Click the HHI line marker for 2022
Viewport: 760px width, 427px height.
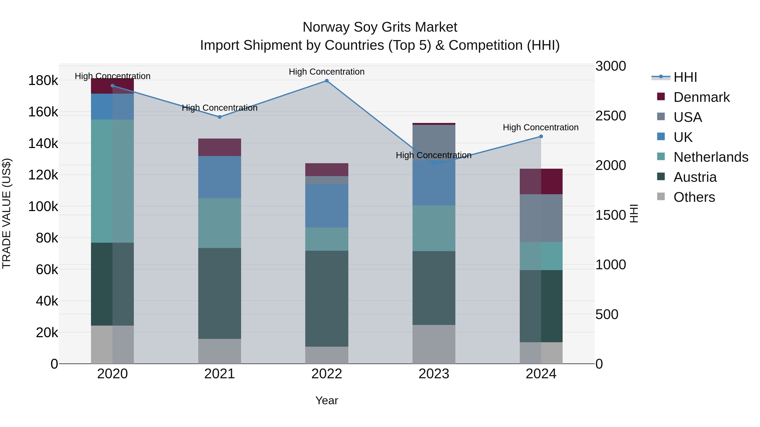tap(327, 81)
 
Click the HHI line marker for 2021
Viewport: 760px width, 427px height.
tap(220, 117)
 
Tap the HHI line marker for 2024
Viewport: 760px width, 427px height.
tap(541, 136)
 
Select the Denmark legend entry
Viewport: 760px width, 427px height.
tap(701, 97)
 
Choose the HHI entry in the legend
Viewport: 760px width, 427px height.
tap(685, 77)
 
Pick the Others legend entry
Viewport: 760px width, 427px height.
tap(694, 197)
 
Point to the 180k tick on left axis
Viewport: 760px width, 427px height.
tap(43, 81)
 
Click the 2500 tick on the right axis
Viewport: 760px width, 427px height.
tap(610, 116)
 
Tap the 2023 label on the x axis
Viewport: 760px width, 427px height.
tap(434, 374)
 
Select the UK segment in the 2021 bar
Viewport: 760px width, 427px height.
tap(220, 177)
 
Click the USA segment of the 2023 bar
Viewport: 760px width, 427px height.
tap(434, 142)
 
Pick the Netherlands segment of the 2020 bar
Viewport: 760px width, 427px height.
tap(112, 181)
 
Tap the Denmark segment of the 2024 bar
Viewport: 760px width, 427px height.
tap(541, 182)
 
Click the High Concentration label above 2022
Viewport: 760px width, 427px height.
tap(327, 72)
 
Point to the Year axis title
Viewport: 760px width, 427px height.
tap(327, 400)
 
